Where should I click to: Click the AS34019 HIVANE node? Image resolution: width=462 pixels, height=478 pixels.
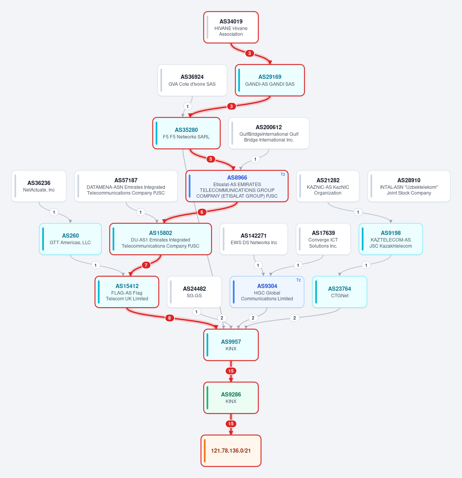(x=231, y=27)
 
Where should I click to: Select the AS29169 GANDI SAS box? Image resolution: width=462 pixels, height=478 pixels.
(x=270, y=80)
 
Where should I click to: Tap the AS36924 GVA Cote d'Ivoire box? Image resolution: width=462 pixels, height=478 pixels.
(x=192, y=80)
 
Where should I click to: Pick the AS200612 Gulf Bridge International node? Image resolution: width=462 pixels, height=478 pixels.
(x=269, y=133)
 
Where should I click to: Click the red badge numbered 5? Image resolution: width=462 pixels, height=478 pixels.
(x=211, y=159)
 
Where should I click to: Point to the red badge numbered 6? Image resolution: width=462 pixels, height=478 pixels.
(x=202, y=212)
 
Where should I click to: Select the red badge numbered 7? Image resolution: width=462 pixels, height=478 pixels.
(x=146, y=265)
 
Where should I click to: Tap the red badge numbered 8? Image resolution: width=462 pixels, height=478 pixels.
(x=169, y=318)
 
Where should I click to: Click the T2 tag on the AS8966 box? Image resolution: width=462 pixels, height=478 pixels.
(x=283, y=175)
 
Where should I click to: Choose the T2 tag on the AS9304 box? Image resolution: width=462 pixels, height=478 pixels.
(x=298, y=280)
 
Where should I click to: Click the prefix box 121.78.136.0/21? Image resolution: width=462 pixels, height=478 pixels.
(x=231, y=450)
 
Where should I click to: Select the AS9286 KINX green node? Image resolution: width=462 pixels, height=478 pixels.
(x=231, y=398)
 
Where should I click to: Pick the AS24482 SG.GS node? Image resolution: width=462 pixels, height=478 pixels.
(x=194, y=292)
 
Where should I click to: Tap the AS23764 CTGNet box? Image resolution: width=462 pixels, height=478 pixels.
(x=340, y=292)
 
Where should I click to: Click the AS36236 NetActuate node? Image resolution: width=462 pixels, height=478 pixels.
(x=39, y=186)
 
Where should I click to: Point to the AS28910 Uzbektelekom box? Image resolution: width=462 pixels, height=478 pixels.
(x=409, y=186)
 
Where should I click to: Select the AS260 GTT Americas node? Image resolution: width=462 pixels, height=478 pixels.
(x=70, y=239)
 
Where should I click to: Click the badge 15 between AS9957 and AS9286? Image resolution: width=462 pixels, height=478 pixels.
(x=231, y=371)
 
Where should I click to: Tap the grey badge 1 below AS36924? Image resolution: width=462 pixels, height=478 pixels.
(x=187, y=107)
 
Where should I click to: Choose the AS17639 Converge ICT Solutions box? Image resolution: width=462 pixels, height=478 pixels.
(x=323, y=239)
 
